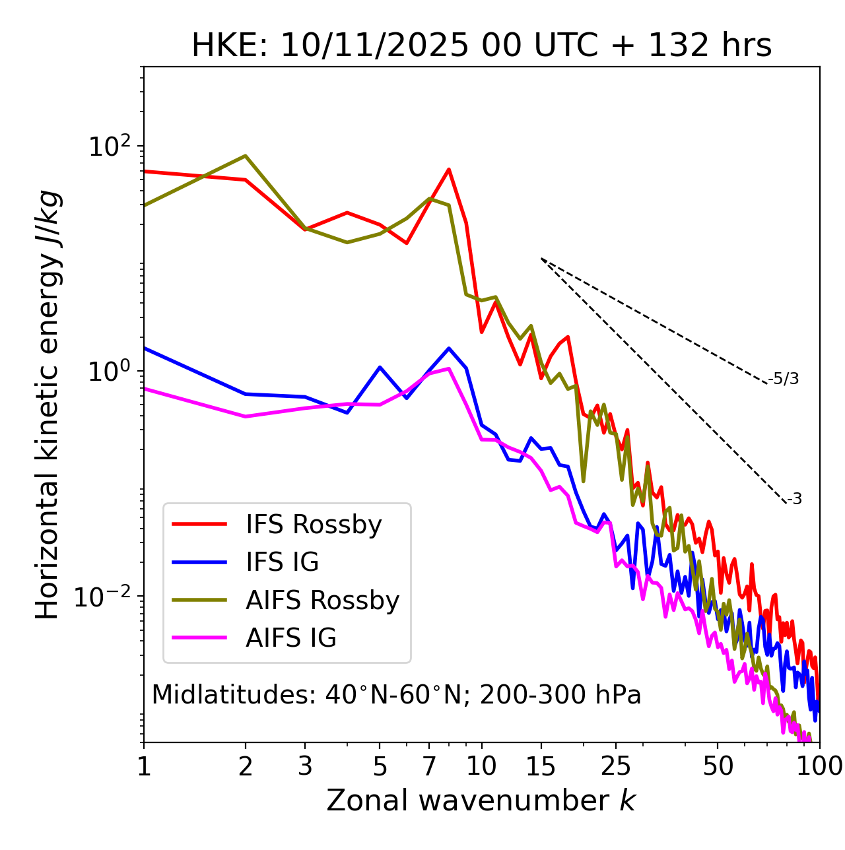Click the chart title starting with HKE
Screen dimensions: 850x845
pos(481,46)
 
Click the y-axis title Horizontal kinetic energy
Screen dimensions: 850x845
pos(48,405)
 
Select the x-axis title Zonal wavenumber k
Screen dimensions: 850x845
pos(481,801)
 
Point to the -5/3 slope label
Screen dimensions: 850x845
pos(785,379)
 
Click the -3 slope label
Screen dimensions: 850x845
pos(794,499)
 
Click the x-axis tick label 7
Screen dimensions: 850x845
pos(429,766)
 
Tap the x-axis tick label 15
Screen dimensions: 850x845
pos(541,766)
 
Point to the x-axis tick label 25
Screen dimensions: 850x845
pos(616,766)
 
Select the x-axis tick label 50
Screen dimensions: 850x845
pos(718,766)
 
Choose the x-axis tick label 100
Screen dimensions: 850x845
pos(819,766)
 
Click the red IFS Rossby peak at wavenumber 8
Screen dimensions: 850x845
pos(449,169)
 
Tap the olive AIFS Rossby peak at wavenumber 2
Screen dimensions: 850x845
pos(246,156)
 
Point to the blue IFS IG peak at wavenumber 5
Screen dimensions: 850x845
pos(380,367)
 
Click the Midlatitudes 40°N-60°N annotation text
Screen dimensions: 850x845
pos(396,695)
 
